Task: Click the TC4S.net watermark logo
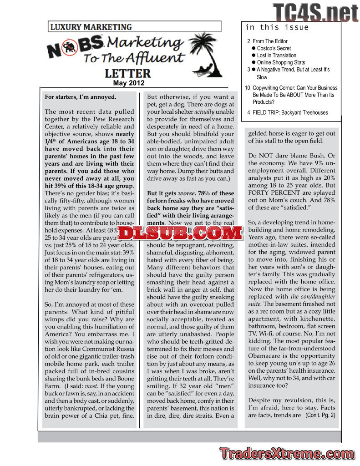click(315, 12)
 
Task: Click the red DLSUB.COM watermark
click(181, 233)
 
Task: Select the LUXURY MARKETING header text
click(91, 27)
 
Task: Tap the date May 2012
click(128, 83)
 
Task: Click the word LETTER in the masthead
click(127, 73)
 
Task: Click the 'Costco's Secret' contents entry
click(274, 48)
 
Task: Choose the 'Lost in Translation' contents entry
click(276, 56)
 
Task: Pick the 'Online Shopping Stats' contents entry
click(281, 63)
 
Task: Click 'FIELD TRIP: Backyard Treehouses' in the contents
click(290, 113)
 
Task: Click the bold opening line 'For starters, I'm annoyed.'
click(81, 97)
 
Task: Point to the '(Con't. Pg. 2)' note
click(320, 415)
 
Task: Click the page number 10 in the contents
click(248, 88)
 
